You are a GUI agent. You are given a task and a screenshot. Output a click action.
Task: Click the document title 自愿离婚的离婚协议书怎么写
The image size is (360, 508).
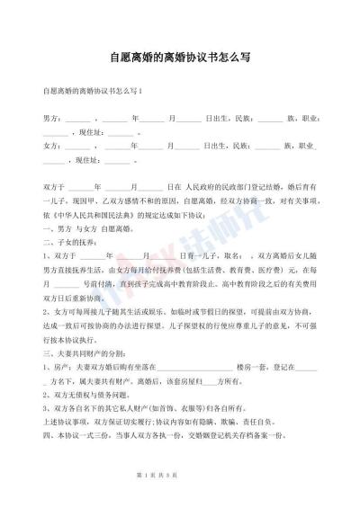pyautogui.click(x=179, y=56)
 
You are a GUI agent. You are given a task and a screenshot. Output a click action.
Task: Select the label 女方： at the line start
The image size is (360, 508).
pyautogui.click(x=51, y=145)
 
